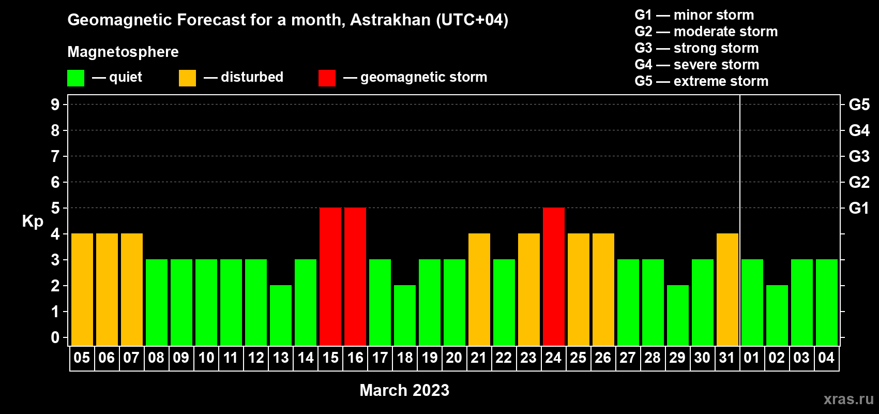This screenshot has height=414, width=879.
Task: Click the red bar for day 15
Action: [330, 276]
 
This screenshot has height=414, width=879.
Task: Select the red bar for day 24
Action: [554, 276]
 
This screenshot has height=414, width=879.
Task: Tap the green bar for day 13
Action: [281, 315]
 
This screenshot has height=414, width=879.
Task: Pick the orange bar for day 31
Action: [728, 289]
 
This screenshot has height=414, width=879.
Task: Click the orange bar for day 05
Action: [82, 289]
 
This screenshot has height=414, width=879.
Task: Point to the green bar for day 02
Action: [777, 315]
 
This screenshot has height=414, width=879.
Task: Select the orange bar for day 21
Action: [479, 289]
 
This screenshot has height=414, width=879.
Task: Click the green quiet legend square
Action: [75, 78]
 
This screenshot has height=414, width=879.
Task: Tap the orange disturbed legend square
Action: [187, 78]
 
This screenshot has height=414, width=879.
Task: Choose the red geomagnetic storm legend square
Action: [327, 78]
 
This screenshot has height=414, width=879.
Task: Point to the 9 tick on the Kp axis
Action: [55, 105]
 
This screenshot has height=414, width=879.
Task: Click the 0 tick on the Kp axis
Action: [55, 337]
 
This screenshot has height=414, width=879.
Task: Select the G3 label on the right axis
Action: [859, 156]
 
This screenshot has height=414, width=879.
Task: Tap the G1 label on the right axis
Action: [859, 208]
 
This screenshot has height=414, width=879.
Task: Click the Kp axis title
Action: [33, 221]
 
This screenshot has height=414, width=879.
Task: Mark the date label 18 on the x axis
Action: [405, 358]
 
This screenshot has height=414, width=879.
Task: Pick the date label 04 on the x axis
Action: [826, 358]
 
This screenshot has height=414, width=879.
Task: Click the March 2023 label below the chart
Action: [404, 390]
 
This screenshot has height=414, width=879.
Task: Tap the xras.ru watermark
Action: [848, 399]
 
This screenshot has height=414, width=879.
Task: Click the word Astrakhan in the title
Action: [390, 20]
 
